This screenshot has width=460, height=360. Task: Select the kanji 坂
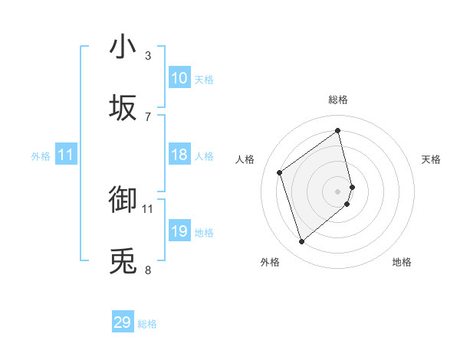point(123,108)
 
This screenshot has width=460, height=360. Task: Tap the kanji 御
point(123,200)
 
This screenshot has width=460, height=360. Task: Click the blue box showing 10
point(179,78)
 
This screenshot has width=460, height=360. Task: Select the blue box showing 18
point(179,155)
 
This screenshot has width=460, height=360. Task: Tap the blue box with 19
point(179,231)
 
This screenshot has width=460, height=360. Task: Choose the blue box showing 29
point(123,322)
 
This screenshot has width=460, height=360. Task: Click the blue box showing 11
point(66,155)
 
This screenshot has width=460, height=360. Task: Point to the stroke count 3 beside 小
point(148,56)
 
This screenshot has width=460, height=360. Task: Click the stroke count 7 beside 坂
point(148,116)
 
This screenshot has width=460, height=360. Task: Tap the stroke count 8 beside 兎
point(148,270)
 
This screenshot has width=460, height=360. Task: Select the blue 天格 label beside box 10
point(204,79)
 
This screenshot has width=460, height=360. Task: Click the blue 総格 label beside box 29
point(147,324)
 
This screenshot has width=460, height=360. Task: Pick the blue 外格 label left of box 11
point(41,155)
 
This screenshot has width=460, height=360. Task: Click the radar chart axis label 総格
point(338,100)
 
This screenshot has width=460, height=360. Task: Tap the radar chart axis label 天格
point(432,159)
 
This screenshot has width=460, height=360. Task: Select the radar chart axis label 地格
point(402,262)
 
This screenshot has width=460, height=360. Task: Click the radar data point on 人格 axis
point(280,172)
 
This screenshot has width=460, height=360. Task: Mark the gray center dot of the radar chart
point(338,191)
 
